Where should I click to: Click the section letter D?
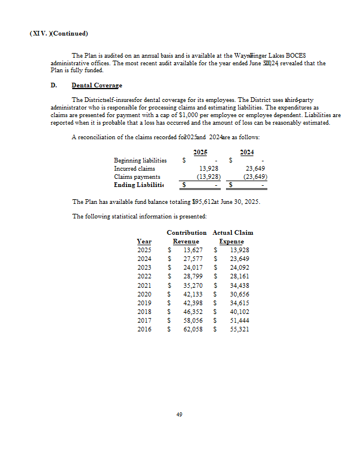pos(54,86)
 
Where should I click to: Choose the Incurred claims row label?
pos(135,168)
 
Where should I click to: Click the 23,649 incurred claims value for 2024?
pos(256,168)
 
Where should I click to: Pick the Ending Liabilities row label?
pos(139,185)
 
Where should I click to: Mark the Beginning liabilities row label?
pos(140,160)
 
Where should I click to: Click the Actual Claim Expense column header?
pos(232,237)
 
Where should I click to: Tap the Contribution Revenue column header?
pos(186,237)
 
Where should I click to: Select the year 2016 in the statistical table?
pos(144,329)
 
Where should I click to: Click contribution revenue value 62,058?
pos(192,329)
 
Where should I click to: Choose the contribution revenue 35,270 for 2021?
pos(192,285)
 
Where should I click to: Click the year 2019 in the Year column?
pos(144,303)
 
